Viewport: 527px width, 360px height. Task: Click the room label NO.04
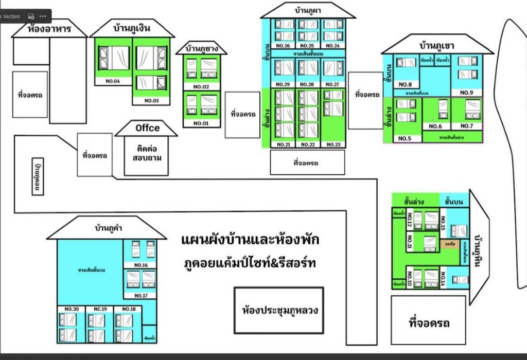[113, 81]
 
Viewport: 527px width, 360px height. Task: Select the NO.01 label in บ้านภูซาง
[200, 123]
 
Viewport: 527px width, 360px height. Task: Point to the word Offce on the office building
[147, 128]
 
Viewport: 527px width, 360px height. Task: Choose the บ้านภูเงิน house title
[132, 28]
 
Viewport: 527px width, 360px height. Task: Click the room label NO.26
[284, 46]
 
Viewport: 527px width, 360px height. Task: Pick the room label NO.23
[333, 145]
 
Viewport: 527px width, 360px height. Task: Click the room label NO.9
[467, 93]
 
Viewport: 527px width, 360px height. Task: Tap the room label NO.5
[405, 138]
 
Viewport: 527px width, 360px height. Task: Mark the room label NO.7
[467, 126]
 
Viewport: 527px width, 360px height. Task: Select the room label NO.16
[141, 265]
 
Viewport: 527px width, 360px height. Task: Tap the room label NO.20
[72, 309]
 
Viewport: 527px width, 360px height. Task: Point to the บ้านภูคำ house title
[108, 228]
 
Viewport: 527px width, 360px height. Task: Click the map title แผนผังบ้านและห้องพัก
[251, 240]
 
